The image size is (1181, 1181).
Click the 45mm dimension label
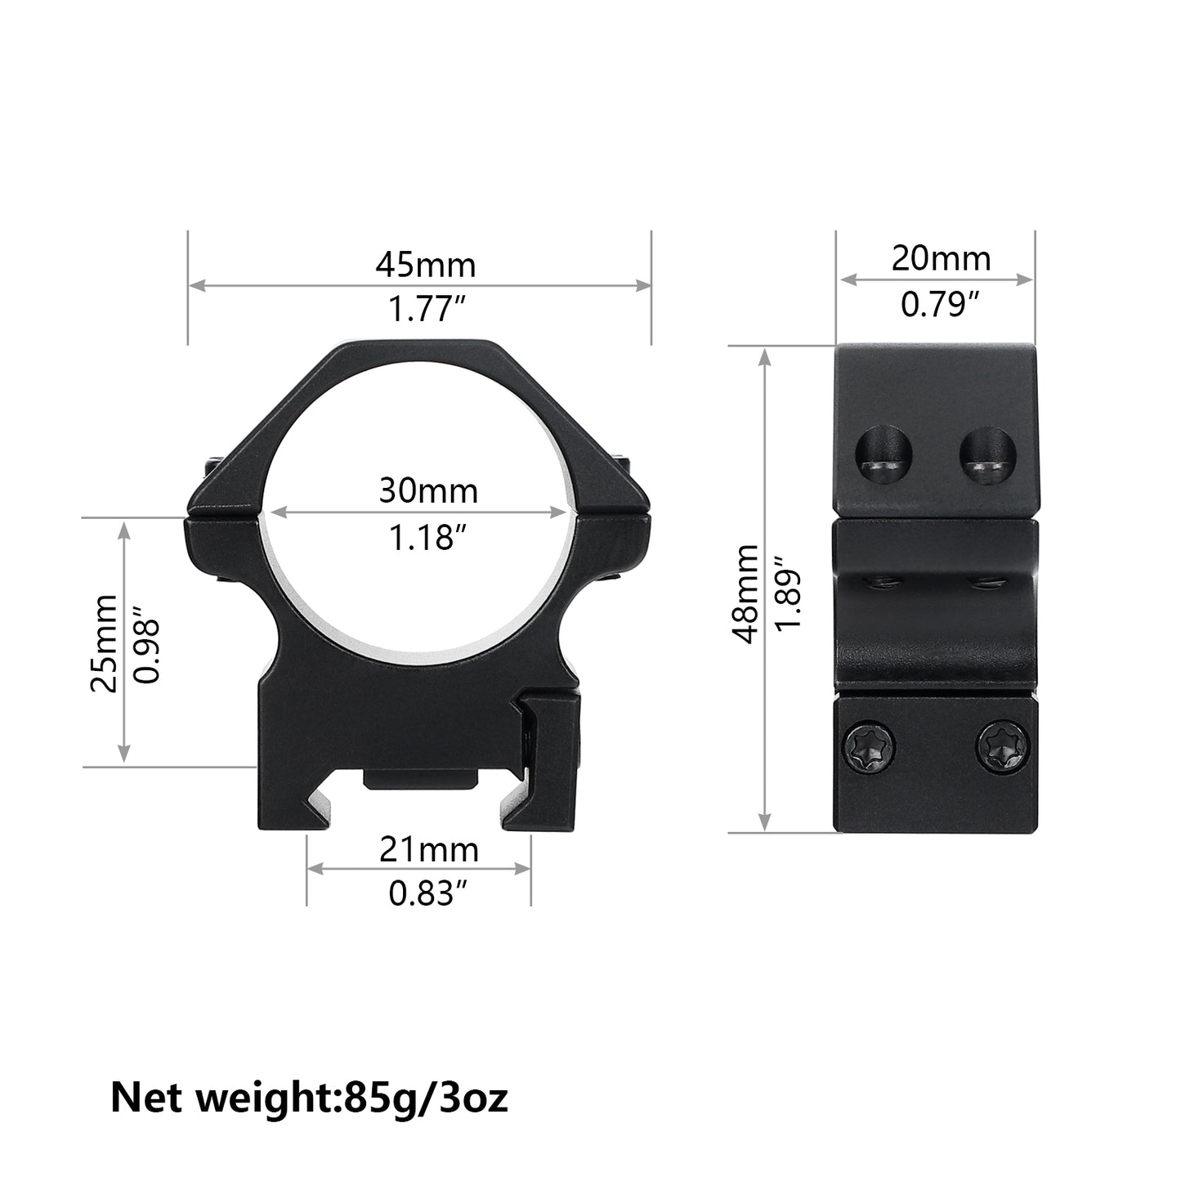click(425, 266)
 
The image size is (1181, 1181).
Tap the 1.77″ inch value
click(427, 311)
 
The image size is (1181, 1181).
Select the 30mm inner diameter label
click(427, 491)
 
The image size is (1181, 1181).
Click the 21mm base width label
click(428, 851)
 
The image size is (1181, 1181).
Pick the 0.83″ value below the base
click(421, 896)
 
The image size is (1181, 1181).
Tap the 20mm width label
click(941, 259)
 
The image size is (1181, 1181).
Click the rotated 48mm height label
click(745, 595)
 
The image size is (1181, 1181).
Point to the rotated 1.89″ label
click(790, 595)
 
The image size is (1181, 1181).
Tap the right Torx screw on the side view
click(1003, 745)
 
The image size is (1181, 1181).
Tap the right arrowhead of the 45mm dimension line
click(645, 285)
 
